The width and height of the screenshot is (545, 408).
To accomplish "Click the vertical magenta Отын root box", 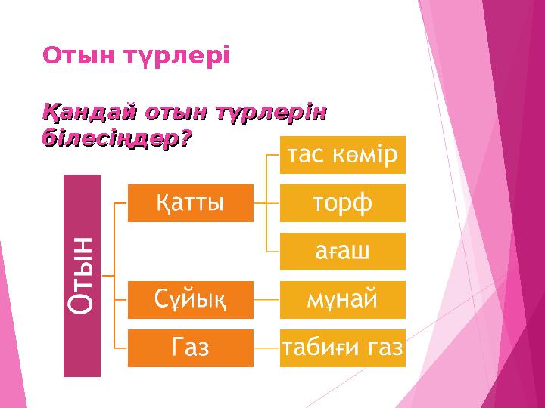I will pos(82,275).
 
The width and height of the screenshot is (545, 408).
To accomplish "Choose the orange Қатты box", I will pos(190,203).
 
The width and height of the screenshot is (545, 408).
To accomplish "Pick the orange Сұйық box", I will pos(190,300).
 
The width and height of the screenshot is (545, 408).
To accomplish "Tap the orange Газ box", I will pos(190,348).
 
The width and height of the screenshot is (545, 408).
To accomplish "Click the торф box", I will pos(342,203).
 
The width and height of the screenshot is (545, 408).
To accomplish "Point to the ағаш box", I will pos(342,252).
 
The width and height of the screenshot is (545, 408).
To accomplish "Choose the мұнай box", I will pos(342,300).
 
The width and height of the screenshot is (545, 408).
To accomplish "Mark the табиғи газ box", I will pos(342,348).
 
